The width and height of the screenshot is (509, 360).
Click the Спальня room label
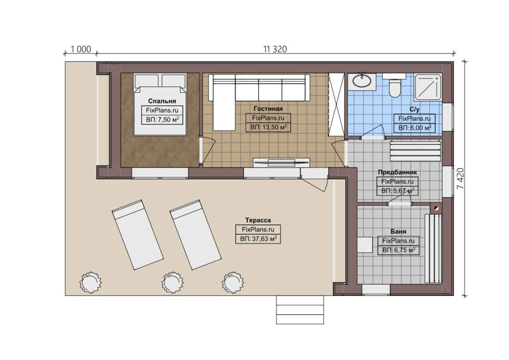pos(162,101)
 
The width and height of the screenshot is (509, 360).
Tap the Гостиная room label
pos(268,109)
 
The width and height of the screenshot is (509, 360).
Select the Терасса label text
pos(258,220)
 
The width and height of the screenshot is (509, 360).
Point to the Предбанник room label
pos(397,172)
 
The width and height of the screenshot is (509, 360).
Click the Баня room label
pos(398,232)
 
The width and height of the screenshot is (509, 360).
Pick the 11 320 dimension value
pos(275,49)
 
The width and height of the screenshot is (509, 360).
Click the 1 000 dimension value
pos(81,49)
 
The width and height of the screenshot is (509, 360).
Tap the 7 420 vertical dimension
pos(460,179)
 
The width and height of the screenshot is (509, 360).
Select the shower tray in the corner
pos(428,87)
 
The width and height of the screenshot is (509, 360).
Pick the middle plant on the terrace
pos(173,282)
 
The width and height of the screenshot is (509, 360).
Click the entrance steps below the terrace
pos(300,309)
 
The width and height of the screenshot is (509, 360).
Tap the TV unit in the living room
pos(281,163)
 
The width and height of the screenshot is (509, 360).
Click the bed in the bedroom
pos(160,105)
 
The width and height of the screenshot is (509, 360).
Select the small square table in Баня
pos(365,245)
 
